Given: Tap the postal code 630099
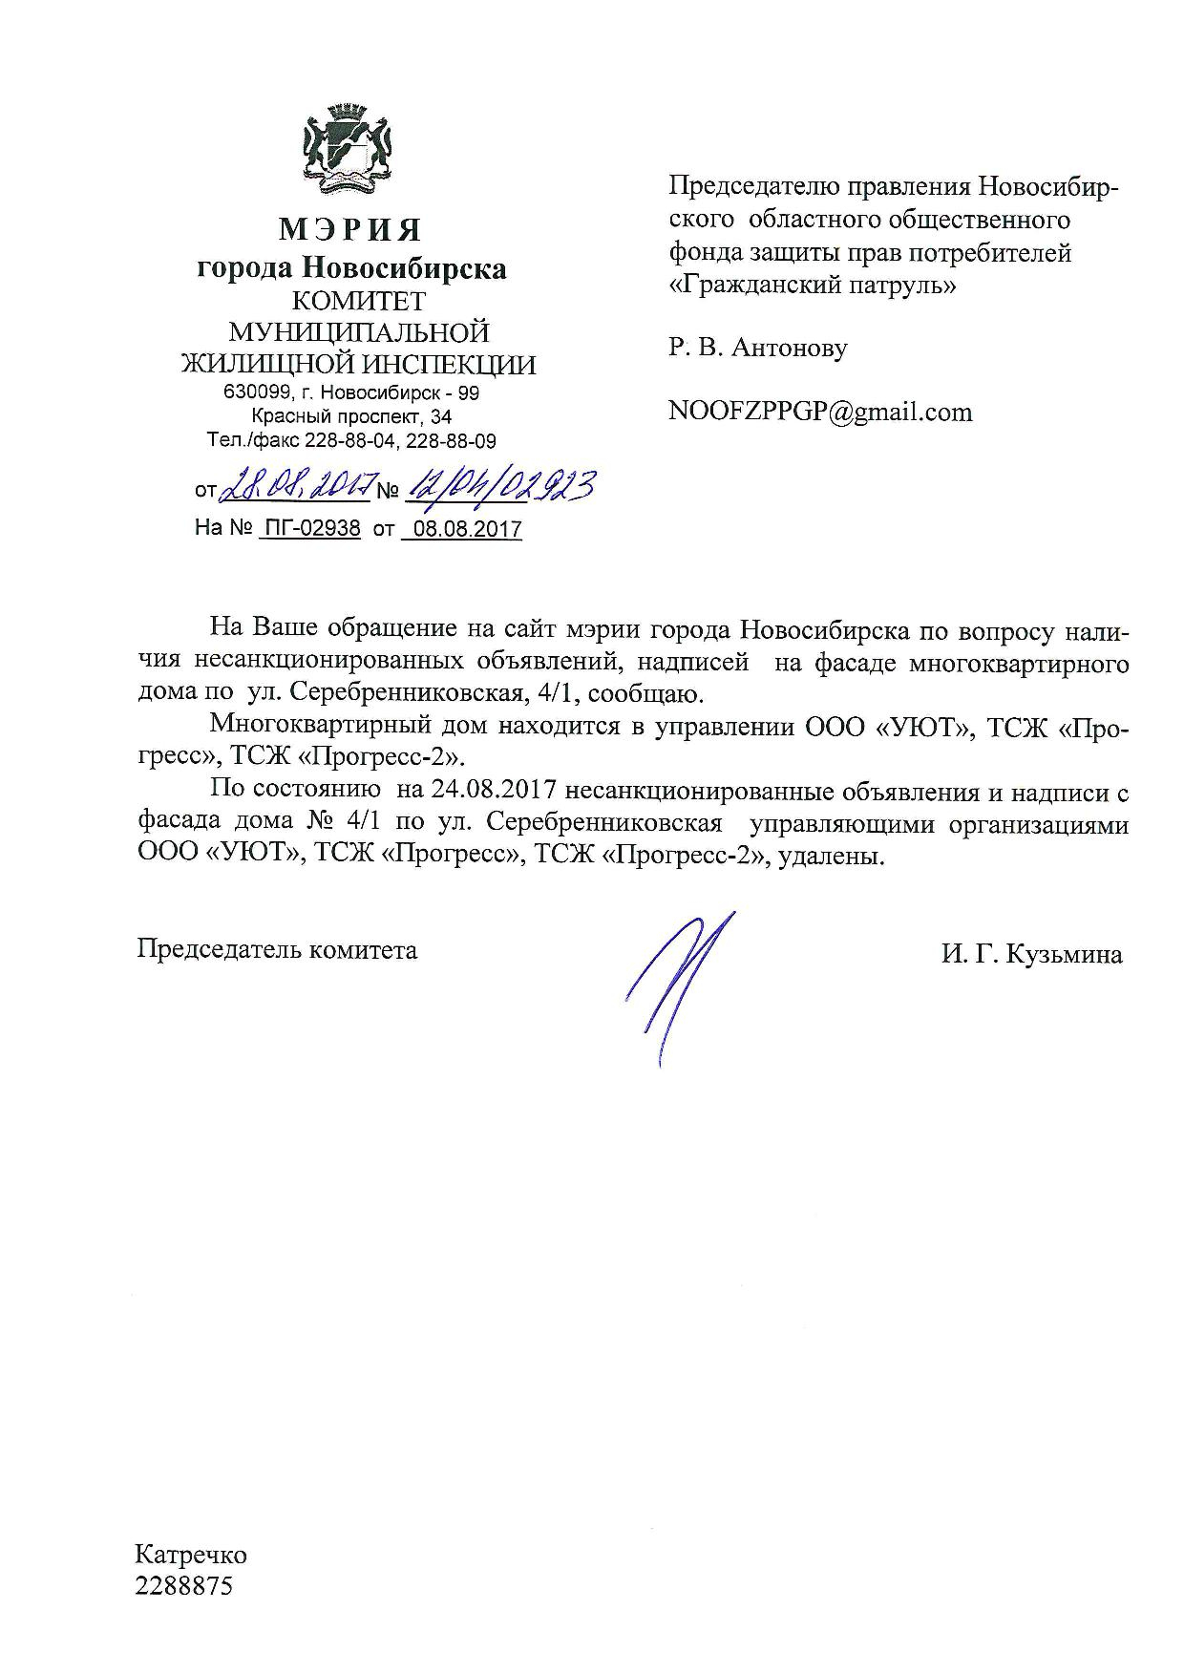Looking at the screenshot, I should click(x=253, y=392).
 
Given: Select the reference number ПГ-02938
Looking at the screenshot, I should click(x=309, y=528).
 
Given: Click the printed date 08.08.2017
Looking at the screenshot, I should click(x=463, y=529).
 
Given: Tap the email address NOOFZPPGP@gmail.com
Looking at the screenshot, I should click(x=820, y=412).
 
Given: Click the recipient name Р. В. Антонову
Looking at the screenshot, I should click(x=757, y=348).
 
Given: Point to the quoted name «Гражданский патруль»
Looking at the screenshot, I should click(x=812, y=285).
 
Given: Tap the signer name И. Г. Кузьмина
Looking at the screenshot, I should click(x=1031, y=954).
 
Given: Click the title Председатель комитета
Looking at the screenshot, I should click(x=277, y=950).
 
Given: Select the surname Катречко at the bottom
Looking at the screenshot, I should click(x=191, y=1555).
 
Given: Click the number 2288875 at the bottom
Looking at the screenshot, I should click(x=184, y=1586).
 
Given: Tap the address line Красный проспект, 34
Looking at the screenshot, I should click(x=351, y=416).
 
